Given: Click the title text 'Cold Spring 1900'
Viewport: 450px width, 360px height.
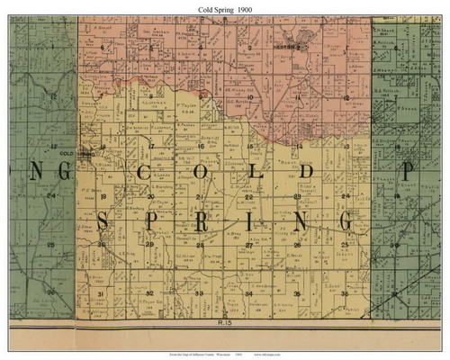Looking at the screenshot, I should (x=225, y=8).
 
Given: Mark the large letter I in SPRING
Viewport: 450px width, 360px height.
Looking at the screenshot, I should (x=248, y=221).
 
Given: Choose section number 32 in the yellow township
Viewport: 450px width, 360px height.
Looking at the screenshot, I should (x=149, y=294).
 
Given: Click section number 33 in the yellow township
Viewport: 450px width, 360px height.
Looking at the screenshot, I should (x=199, y=294).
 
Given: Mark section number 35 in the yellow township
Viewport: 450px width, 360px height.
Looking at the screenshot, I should (x=296, y=294).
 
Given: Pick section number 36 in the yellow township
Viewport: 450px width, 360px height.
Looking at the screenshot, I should (x=344, y=294).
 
